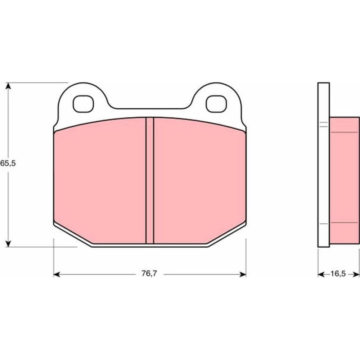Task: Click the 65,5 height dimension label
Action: pyautogui.click(x=8, y=163)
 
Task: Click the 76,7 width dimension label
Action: pyautogui.click(x=149, y=274)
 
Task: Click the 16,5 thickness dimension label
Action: pyautogui.click(x=338, y=274)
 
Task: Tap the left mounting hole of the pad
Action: pyautogui.click(x=84, y=104)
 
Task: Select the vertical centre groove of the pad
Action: pyautogui.click(x=150, y=180)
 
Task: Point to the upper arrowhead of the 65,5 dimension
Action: pyautogui.click(x=8, y=86)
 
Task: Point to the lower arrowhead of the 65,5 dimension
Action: pyautogui.click(x=8, y=244)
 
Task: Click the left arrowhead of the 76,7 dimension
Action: pyautogui.click(x=57, y=274)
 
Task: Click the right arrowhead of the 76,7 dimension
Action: pyautogui.click(x=243, y=274)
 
